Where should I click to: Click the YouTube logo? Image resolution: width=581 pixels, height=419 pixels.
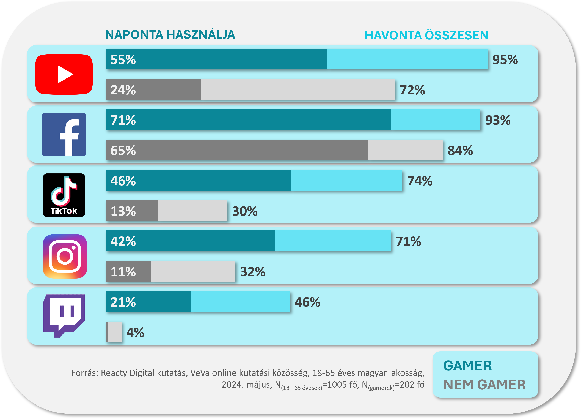tap(64, 74)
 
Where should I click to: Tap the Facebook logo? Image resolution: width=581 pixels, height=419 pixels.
tap(64, 134)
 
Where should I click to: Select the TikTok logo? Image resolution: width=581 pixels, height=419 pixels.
tap(64, 195)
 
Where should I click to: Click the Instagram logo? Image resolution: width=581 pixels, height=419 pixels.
tap(65, 256)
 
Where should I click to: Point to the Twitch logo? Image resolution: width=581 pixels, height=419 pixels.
tap(64, 316)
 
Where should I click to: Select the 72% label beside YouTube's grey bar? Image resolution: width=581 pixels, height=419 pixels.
tap(412, 90)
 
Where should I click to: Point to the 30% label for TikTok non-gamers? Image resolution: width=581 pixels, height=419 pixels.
tap(245, 211)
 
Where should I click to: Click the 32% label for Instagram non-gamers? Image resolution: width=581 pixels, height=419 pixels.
tap(253, 272)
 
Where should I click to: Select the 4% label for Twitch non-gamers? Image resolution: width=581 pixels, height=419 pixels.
tap(135, 332)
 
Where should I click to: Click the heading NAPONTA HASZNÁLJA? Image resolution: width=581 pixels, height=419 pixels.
tap(170, 35)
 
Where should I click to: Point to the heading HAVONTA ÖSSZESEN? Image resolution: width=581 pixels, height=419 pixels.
tap(426, 35)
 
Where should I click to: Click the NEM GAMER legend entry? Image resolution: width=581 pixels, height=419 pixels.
tap(484, 385)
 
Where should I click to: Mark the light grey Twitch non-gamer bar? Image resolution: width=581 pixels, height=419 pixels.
tap(114, 332)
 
